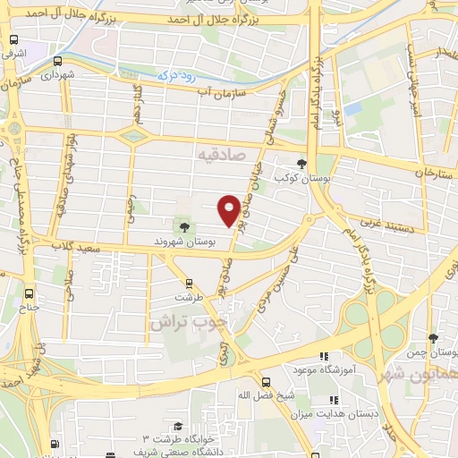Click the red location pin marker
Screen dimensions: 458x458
(x=229, y=209)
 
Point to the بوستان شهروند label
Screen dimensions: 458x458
(x=184, y=242)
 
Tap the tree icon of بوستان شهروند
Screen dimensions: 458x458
(x=184, y=227)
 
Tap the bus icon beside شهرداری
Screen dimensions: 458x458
(x=58, y=62)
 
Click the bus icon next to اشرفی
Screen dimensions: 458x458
(x=14, y=40)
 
